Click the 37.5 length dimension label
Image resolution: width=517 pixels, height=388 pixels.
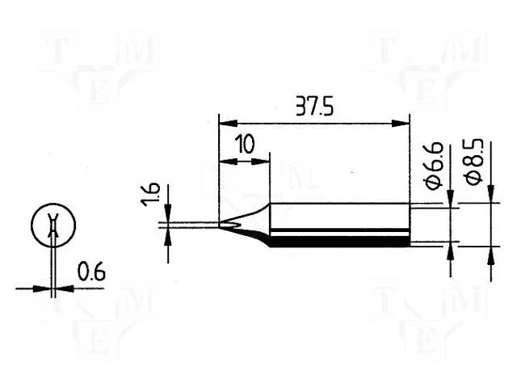[315, 106]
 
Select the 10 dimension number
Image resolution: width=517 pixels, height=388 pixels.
[245, 144]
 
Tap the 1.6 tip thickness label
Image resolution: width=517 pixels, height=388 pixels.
[151, 194]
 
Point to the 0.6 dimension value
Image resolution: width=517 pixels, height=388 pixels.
[91, 272]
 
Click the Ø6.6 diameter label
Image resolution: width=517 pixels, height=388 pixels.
[433, 166]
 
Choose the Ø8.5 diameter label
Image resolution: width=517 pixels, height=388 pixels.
[473, 162]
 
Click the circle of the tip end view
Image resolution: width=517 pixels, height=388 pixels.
[53, 226]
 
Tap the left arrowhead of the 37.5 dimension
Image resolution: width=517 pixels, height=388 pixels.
[228, 124]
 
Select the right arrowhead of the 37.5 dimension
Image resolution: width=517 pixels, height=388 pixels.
[400, 124]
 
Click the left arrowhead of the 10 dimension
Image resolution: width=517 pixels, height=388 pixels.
[228, 162]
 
